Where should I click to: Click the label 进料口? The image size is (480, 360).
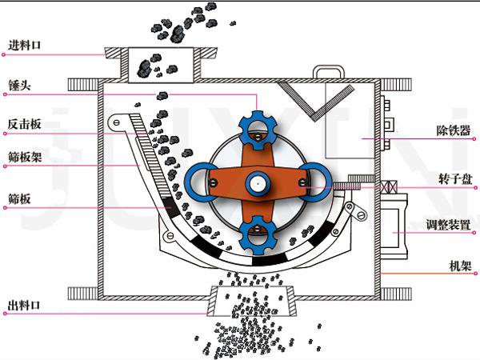25,46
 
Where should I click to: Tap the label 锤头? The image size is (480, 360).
19,86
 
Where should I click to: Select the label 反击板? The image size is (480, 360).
25,124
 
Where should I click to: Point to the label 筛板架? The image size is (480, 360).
25,158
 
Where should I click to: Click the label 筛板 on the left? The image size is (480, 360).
19,199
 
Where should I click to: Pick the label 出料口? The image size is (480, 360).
24,305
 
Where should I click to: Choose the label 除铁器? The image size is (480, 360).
454,130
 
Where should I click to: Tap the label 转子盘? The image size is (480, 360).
455,178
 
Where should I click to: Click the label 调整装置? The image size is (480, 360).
448,225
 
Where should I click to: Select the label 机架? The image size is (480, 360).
460,266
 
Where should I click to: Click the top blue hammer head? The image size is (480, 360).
258,130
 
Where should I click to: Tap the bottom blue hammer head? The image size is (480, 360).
258,234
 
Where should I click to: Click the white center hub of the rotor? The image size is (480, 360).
258,184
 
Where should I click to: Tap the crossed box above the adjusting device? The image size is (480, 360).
389,186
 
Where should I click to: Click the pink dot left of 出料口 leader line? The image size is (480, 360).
4,314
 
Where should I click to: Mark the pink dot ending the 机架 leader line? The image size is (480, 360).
475,274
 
